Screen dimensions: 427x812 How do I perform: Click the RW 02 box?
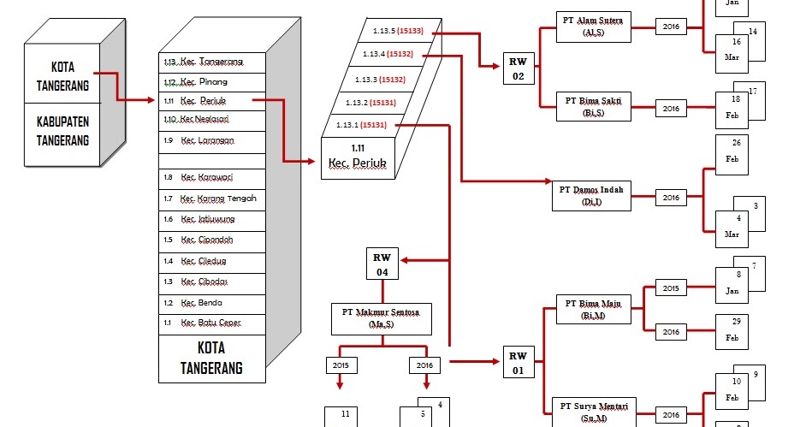(x=519, y=68)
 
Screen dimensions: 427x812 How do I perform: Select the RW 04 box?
(x=382, y=264)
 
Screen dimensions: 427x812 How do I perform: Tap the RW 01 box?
(x=519, y=363)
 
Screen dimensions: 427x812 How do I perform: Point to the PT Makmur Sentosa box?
(x=382, y=319)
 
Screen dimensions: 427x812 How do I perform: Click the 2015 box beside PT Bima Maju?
(x=671, y=288)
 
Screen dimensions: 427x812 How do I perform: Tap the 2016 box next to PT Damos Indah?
(x=671, y=198)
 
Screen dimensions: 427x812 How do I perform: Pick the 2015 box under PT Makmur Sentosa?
(x=341, y=365)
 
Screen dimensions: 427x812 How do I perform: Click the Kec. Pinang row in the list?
(x=213, y=82)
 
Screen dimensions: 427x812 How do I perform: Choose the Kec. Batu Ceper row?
(x=213, y=323)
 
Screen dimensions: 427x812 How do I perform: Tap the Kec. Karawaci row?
(x=213, y=178)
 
